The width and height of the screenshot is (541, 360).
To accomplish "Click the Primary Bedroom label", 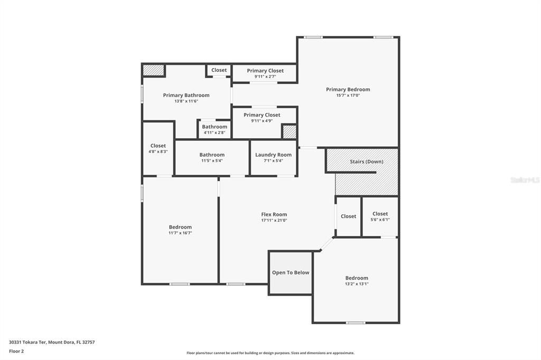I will click(x=348, y=89).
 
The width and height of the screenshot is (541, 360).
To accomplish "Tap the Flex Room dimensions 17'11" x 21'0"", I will click(x=274, y=221).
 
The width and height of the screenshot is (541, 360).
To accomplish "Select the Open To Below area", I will click(x=290, y=272).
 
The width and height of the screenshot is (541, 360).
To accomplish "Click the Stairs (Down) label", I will click(x=366, y=162).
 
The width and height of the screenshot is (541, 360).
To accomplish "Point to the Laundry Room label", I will click(x=273, y=155).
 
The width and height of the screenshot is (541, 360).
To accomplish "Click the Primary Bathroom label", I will click(x=186, y=95).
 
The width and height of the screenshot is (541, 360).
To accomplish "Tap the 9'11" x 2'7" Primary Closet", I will click(x=265, y=73).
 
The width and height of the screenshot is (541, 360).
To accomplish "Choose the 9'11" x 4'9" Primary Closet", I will click(x=262, y=118).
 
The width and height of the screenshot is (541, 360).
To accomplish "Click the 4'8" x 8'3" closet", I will click(x=158, y=148).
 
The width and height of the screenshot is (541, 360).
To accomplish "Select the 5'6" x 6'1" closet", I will click(x=380, y=216).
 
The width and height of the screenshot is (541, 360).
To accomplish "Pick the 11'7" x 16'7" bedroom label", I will click(x=180, y=227).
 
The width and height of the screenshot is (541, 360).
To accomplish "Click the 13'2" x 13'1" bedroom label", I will click(x=357, y=278).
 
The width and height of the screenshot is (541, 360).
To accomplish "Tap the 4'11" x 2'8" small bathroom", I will click(x=214, y=129).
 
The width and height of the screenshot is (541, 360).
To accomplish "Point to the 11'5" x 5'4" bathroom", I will click(x=212, y=157).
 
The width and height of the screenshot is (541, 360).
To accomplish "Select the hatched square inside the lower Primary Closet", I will click(x=289, y=131).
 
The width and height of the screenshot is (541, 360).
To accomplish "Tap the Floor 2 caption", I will click(x=16, y=351).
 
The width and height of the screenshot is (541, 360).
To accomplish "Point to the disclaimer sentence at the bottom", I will click(x=270, y=353).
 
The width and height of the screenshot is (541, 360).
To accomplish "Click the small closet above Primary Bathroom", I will click(x=219, y=70).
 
